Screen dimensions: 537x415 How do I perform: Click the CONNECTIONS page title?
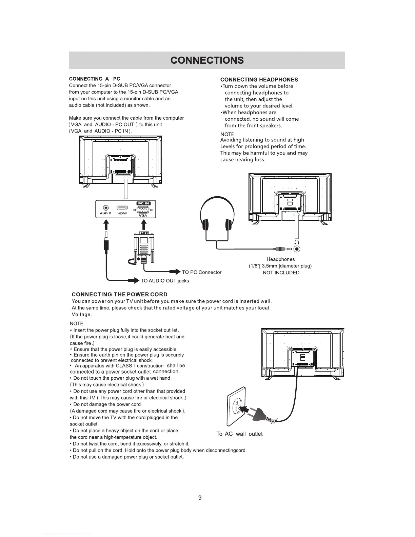(207, 60)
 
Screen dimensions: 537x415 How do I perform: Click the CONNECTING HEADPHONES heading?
(259, 80)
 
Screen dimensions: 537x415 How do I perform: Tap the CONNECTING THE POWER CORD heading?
(120, 294)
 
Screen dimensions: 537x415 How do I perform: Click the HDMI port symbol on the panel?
(122, 208)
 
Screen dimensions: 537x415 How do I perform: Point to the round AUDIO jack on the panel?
(106, 208)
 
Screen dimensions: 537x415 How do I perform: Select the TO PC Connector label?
(201, 272)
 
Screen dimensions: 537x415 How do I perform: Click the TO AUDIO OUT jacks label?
(164, 281)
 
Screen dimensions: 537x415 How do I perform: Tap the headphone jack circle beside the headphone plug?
(297, 249)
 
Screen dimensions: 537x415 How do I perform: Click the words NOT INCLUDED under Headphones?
(281, 273)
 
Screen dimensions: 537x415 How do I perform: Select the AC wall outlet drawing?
(236, 407)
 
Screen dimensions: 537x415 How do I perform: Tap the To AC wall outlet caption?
(239, 434)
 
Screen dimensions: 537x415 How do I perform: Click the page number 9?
(200, 498)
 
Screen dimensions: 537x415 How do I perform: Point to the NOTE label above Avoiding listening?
(227, 134)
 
